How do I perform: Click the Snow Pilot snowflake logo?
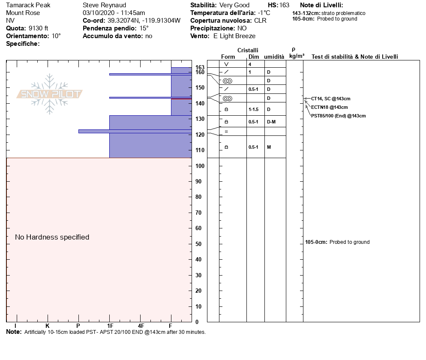coord(50,94)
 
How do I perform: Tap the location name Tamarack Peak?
coord(28,5)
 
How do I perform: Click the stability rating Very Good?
coord(234,5)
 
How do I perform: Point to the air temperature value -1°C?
coord(264,13)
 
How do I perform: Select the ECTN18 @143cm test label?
coord(329,107)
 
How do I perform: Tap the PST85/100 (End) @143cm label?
coord(338,116)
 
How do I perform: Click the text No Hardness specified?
coord(52,237)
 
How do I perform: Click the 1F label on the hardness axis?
coord(110,326)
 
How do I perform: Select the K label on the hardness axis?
coord(47,326)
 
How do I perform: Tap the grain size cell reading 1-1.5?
coord(254,109)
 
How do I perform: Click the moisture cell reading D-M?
coord(271,122)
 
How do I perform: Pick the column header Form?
coord(228,57)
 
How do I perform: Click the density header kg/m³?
coord(297,56)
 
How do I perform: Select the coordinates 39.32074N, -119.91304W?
coord(144,21)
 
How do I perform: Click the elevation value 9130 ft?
coord(38,28)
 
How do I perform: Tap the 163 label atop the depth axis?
coord(200,67)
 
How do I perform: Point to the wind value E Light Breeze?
coord(234,36)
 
